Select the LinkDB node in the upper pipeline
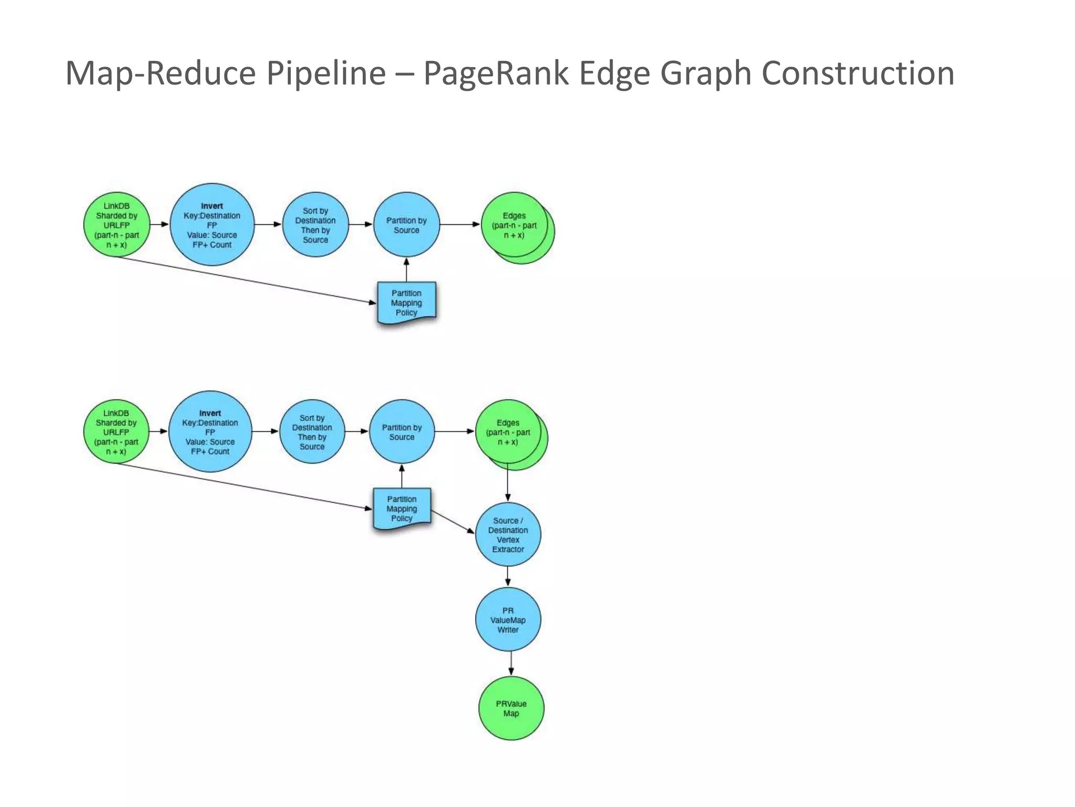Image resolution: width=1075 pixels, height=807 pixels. (117, 225)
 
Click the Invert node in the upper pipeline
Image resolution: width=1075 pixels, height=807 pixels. (212, 225)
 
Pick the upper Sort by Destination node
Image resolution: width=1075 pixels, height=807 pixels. (315, 225)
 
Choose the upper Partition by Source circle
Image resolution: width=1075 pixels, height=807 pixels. (406, 225)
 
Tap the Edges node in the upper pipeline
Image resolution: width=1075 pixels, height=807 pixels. (514, 225)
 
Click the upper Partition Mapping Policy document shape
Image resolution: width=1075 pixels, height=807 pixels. (406, 303)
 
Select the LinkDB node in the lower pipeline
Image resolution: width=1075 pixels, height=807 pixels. (116, 432)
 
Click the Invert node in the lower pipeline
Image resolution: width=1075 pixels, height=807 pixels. (210, 432)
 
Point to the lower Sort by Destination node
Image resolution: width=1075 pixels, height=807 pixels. (312, 432)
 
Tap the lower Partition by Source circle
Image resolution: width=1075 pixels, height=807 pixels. (402, 432)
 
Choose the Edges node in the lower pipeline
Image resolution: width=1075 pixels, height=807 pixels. (508, 432)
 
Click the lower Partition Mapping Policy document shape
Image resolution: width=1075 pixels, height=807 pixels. (402, 509)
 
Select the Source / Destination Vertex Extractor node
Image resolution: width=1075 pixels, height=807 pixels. (508, 535)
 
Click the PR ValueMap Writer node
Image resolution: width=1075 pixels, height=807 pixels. (508, 620)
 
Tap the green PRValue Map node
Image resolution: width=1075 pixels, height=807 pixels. (511, 708)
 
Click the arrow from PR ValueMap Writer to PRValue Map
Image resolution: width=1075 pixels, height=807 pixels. (511, 664)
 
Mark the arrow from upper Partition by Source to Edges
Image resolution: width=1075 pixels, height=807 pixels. (460, 224)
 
